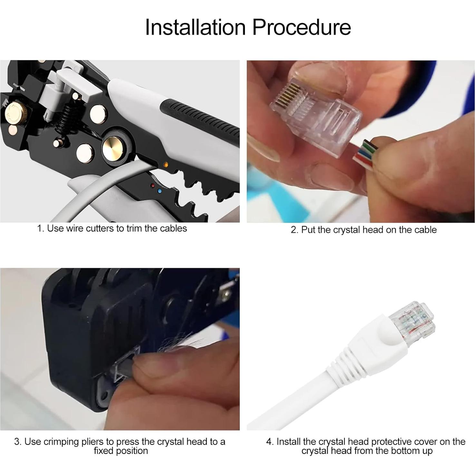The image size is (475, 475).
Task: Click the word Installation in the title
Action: (195, 27)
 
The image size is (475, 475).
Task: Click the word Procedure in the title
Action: (301, 27)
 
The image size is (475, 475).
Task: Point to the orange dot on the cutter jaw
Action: (166, 165)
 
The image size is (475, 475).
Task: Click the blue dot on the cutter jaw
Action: (160, 191)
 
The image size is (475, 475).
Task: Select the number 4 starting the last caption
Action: (269, 442)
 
